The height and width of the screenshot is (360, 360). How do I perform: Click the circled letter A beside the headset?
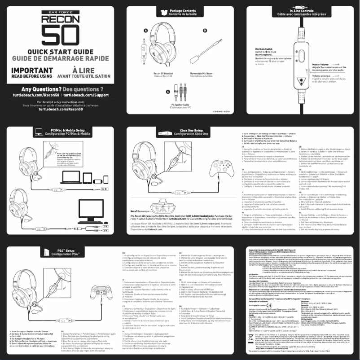tap(146, 30)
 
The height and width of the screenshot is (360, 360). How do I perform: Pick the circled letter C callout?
tap(167, 91)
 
